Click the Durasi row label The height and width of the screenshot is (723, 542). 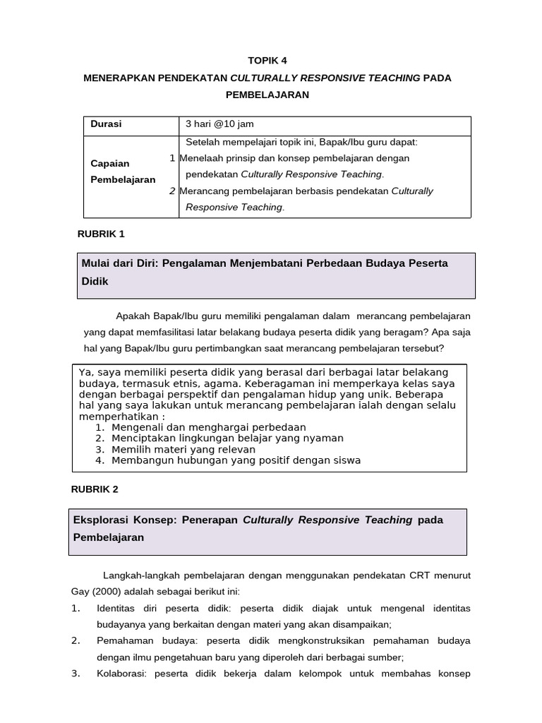click(x=106, y=124)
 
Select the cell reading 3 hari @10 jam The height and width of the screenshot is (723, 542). click(x=219, y=124)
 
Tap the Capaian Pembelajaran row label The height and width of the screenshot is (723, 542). click(x=123, y=172)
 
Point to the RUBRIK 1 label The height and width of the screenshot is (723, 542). click(x=100, y=234)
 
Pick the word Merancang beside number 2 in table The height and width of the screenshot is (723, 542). click(x=204, y=191)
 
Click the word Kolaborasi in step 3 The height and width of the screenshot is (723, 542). click(x=120, y=674)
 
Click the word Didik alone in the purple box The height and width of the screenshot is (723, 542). click(x=95, y=280)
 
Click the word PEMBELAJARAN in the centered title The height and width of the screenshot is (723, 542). click(x=267, y=94)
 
